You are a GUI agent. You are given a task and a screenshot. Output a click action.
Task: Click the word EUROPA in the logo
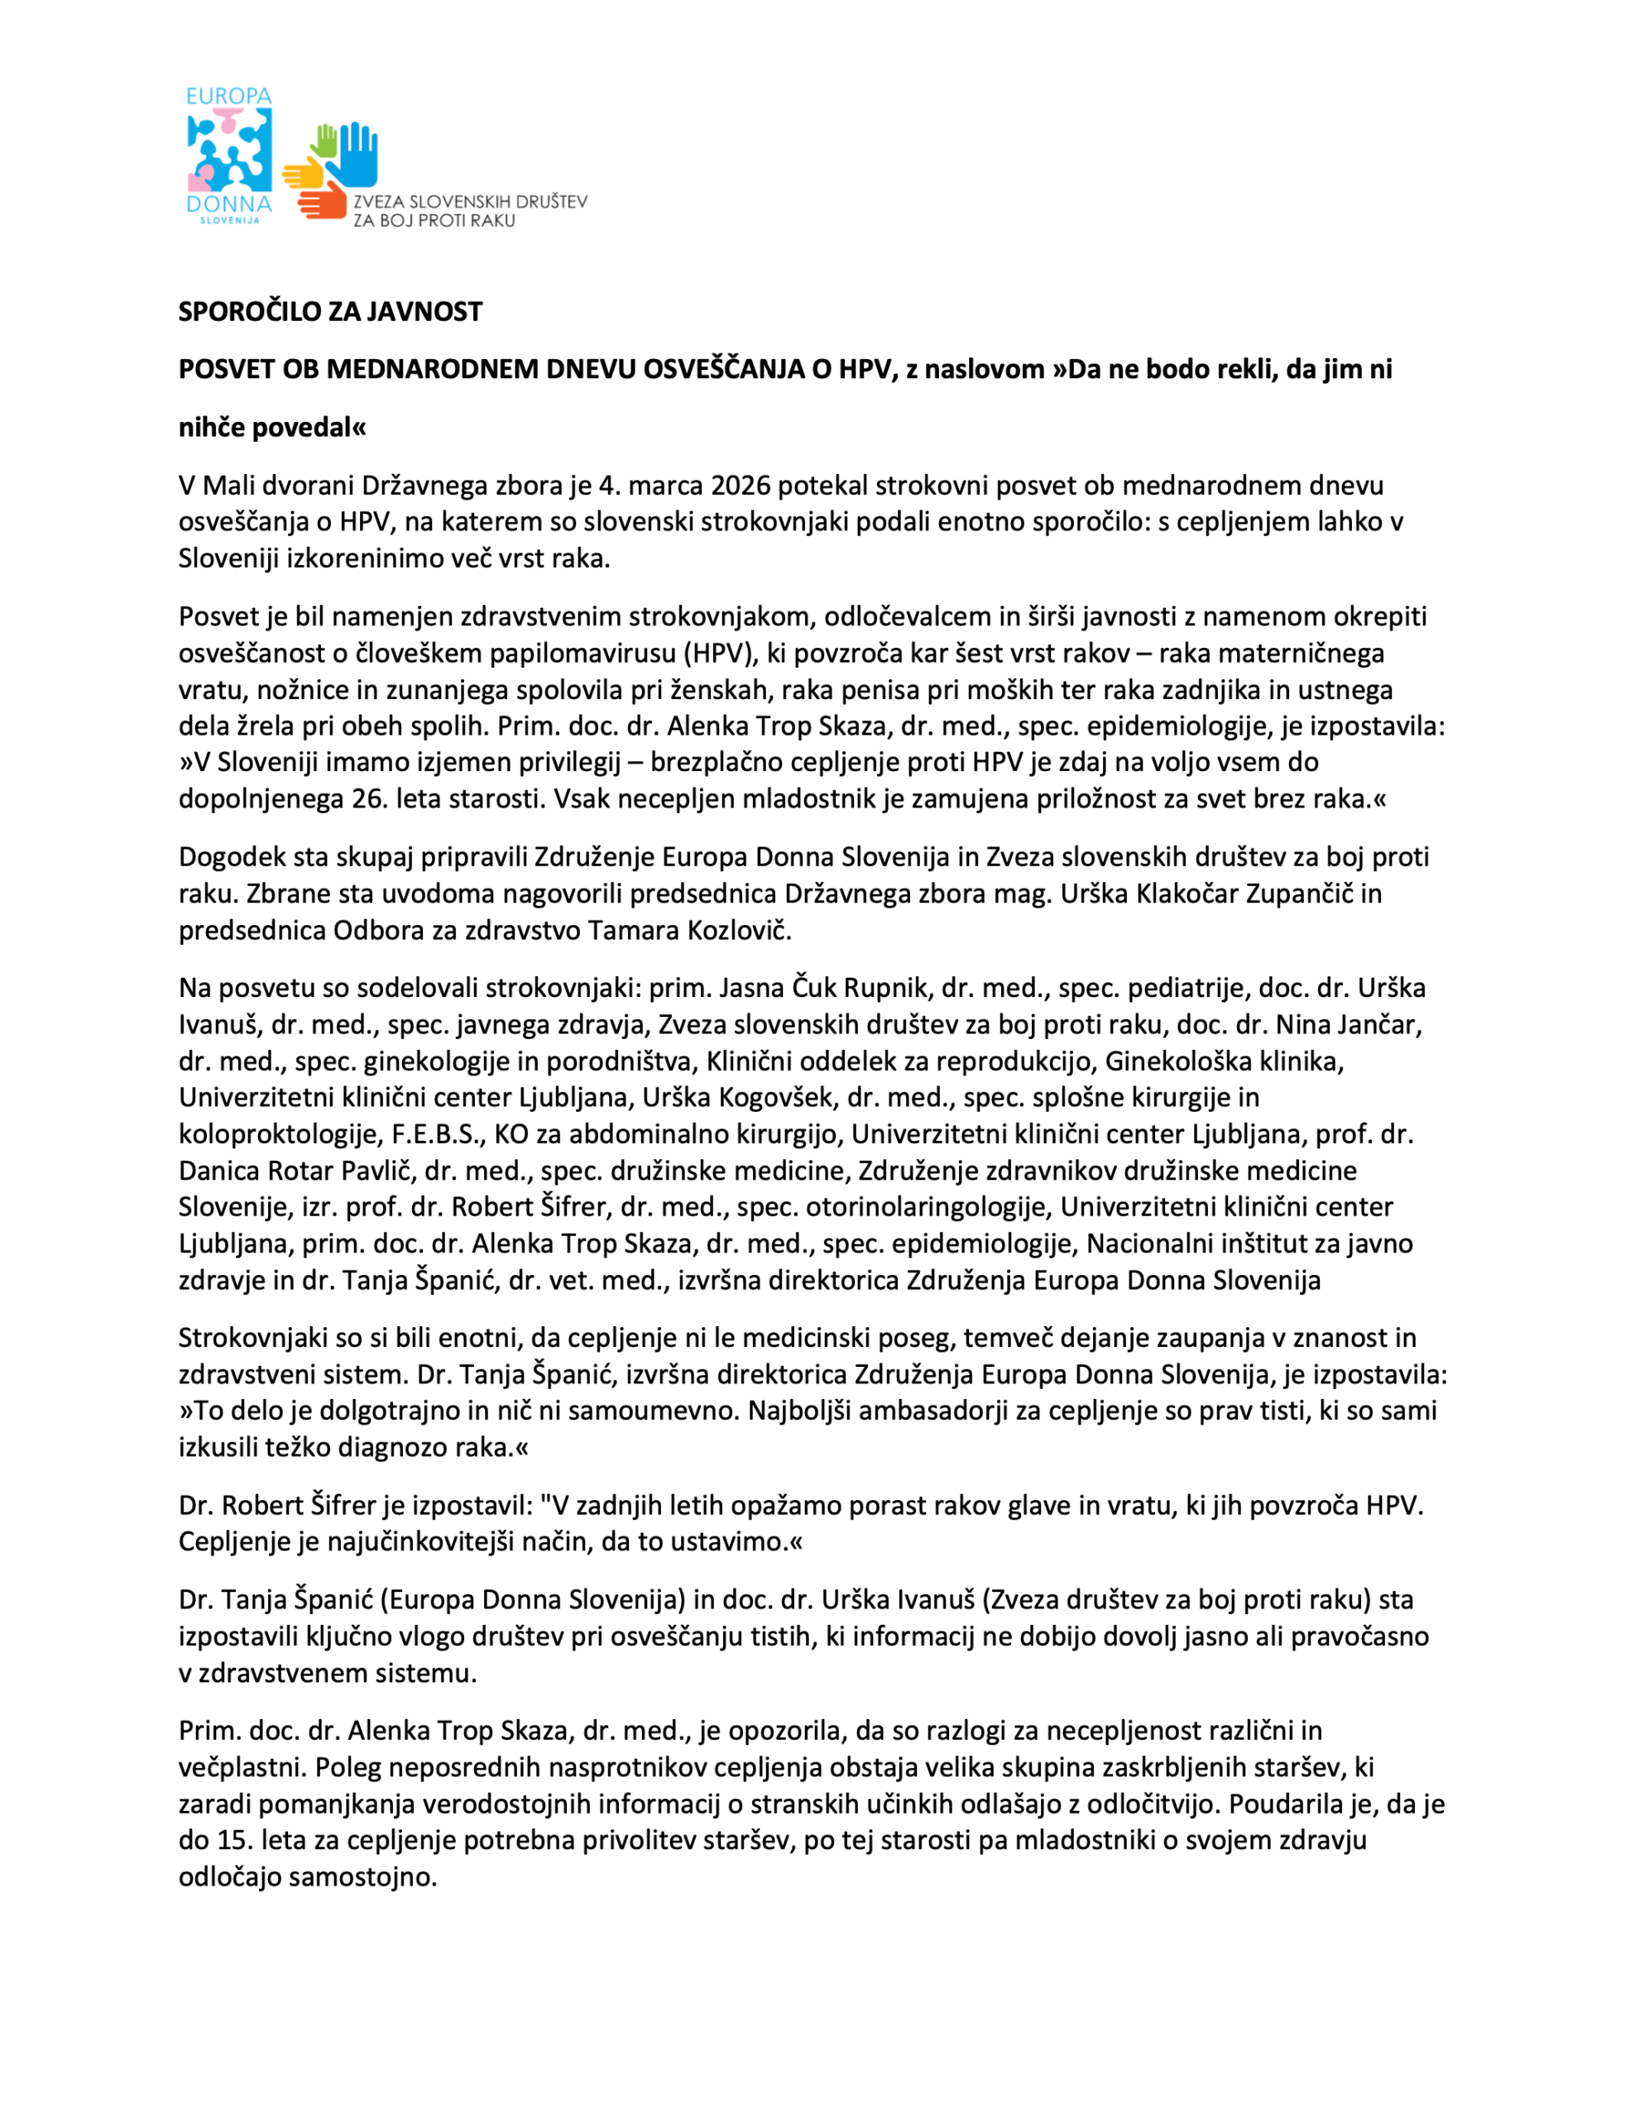(229, 96)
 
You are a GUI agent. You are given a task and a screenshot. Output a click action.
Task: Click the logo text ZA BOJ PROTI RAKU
(434, 221)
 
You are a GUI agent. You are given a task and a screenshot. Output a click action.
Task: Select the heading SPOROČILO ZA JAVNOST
(329, 311)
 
